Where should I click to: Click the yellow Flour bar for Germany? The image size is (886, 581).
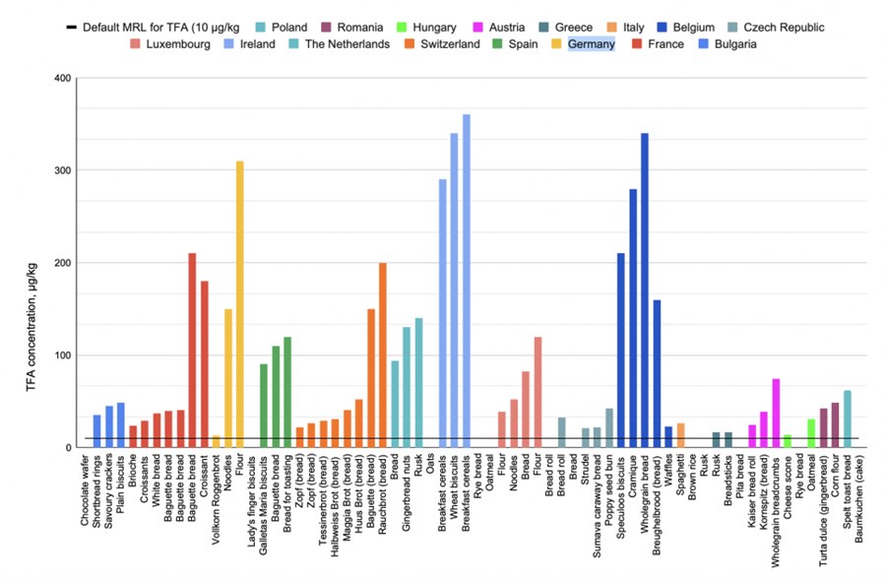coord(240,304)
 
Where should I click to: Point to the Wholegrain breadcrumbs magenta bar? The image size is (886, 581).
coord(776,413)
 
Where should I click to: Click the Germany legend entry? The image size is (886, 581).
coord(591,44)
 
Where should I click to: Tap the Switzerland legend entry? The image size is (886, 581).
coord(448,44)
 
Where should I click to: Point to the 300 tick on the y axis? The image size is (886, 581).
coord(61,170)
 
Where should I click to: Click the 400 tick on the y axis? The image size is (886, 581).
coord(61,78)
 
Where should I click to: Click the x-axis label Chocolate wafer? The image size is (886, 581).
coord(97,492)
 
